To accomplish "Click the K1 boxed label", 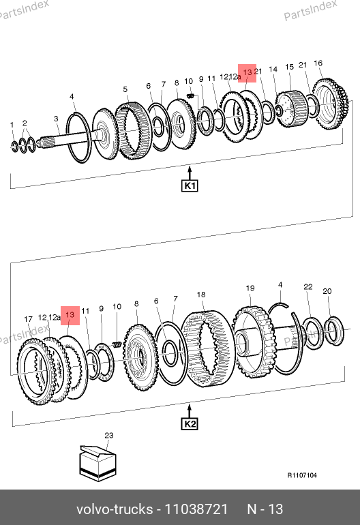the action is [190, 185].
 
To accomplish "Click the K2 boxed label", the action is [190, 424].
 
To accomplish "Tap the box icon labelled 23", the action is [97, 464].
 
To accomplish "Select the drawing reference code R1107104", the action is [302, 475].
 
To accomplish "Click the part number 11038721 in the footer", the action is [196, 509].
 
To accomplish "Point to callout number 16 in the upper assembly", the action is [318, 63].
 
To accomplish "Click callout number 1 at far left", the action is [12, 125].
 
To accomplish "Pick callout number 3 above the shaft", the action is [56, 119].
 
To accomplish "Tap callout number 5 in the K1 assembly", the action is [125, 89].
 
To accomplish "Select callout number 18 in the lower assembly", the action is [201, 295].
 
